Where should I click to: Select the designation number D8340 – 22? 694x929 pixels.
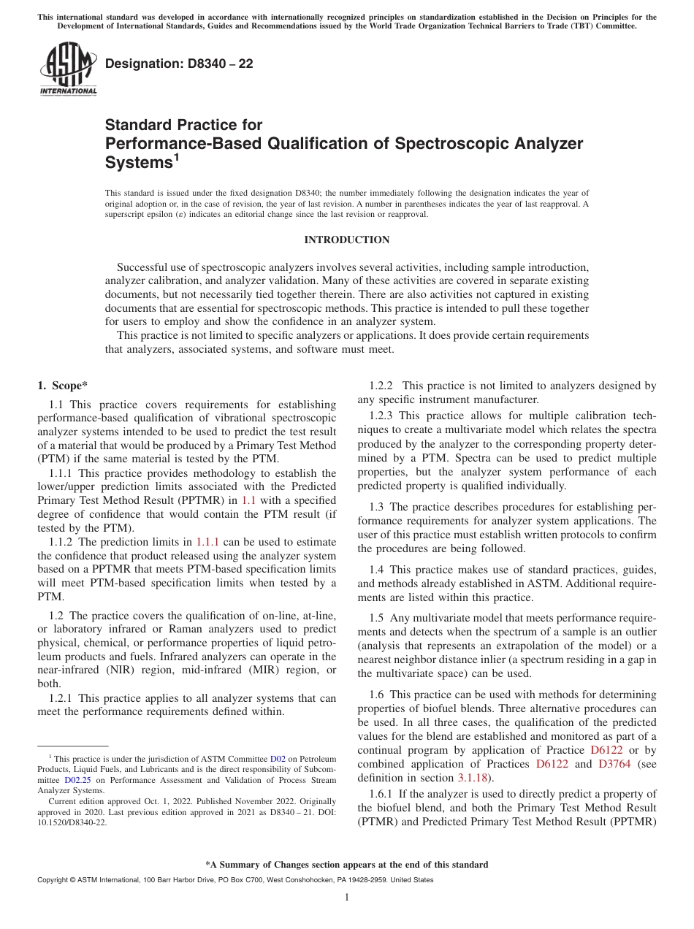(x=179, y=64)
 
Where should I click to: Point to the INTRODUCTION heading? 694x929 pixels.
(x=346, y=240)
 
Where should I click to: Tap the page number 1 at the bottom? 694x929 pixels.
(x=347, y=898)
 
